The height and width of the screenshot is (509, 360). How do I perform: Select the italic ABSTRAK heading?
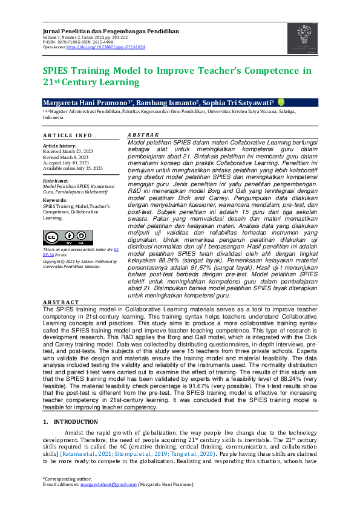143,135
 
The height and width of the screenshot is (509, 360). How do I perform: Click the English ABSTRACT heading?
61,302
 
